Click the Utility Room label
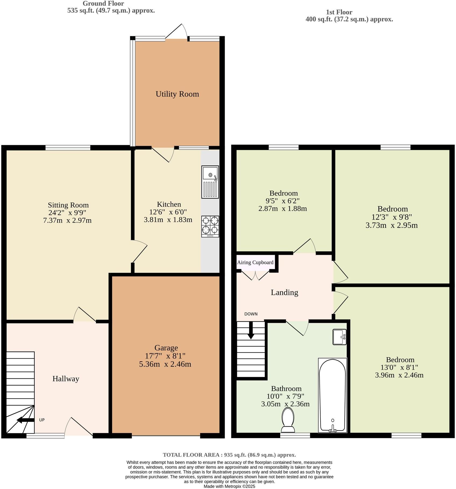coord(177,94)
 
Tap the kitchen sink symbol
coord(210,181)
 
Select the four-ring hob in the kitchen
coord(210,226)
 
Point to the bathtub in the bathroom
coord(332,395)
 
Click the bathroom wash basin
coord(340,337)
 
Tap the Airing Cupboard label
coord(255,262)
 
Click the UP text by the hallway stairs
coord(42,420)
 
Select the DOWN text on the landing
coord(251,314)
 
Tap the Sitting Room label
coord(68,205)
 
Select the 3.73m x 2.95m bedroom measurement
coord(391,225)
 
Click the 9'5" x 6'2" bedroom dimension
coord(283,201)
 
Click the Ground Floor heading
coord(103,4)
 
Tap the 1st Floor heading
coord(339,12)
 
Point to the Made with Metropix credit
coord(229,486)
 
